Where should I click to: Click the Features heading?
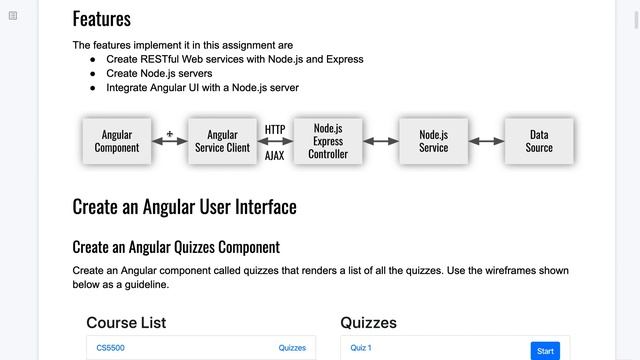tap(102, 19)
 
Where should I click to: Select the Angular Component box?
tap(117, 141)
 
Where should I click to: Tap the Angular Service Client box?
tap(222, 141)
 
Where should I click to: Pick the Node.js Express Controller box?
tap(328, 141)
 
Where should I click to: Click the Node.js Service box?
tap(433, 141)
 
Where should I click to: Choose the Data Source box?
tap(539, 141)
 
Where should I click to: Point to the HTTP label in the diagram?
tap(275, 130)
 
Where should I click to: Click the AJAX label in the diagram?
tap(274, 156)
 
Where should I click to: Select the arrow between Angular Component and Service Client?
tap(170, 141)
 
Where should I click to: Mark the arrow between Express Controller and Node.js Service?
tap(381, 141)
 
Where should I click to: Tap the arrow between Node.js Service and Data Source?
tap(487, 141)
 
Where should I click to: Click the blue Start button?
tap(545, 351)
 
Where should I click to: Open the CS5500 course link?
tap(111, 348)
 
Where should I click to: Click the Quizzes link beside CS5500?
tap(292, 348)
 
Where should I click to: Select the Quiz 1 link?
tap(361, 348)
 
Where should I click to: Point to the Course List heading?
tap(126, 322)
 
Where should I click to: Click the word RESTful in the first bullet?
tap(160, 59)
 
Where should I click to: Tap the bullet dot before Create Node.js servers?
tap(93, 74)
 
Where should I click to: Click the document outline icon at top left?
tap(13, 16)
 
